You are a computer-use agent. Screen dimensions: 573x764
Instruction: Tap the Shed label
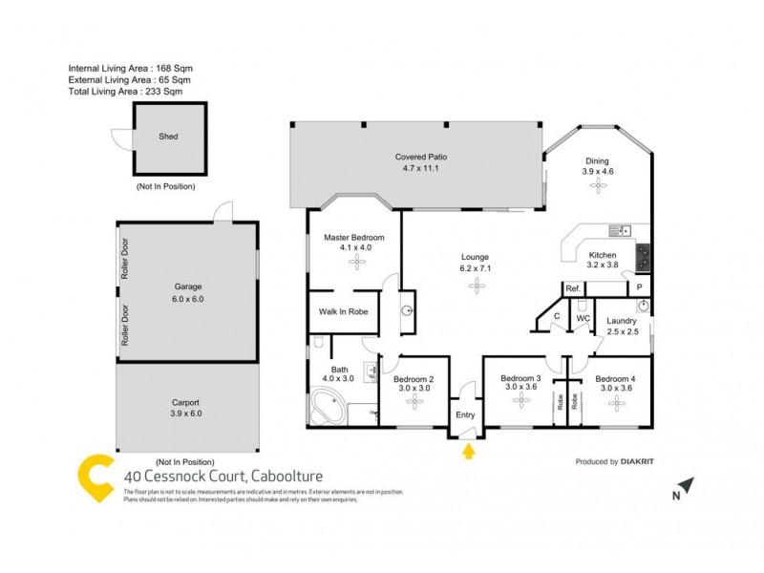pos(168,137)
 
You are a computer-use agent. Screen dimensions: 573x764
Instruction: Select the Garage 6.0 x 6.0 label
pos(188,292)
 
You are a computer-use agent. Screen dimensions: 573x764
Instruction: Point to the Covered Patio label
pos(421,162)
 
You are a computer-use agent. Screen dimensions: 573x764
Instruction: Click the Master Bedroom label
pos(353,243)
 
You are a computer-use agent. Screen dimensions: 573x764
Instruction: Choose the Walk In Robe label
pos(343,311)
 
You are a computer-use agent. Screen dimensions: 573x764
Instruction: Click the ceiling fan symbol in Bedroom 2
pos(415,401)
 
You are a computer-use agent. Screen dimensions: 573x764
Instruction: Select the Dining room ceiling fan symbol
pos(597,188)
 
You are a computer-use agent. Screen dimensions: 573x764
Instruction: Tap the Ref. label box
pos(573,287)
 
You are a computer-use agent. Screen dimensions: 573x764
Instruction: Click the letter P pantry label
pos(639,287)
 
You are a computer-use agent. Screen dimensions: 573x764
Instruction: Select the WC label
pos(583,318)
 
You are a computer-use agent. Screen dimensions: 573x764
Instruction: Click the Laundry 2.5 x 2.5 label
pos(622,327)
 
